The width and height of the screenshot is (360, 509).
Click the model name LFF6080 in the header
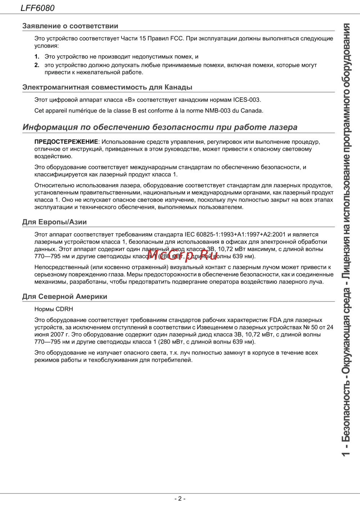coord(37,8)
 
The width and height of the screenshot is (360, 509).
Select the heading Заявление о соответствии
coord(70,26)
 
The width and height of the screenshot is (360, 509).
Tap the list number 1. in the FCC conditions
coord(37,56)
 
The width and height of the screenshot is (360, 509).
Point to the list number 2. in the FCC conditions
coord(37,65)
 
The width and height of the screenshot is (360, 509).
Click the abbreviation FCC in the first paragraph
coord(177,38)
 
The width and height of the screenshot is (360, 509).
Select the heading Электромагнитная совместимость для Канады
coord(107,87)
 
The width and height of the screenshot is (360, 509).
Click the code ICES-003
coord(246,100)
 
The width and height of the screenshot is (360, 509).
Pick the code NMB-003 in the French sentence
coord(217,110)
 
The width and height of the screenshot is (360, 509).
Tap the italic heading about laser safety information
coord(160,127)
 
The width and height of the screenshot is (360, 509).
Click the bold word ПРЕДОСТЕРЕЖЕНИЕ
coord(66,142)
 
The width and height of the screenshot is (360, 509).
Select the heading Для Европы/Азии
coord(54,222)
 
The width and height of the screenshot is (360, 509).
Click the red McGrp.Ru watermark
coord(182,255)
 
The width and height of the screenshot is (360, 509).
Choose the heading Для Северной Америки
coord(65,296)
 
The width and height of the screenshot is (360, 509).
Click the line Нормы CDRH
coord(54,309)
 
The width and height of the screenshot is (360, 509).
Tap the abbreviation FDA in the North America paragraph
coord(275,320)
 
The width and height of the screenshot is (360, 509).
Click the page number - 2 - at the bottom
coord(180,499)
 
